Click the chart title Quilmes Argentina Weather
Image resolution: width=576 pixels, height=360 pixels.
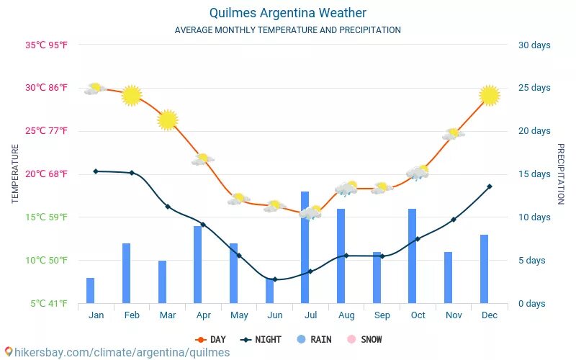(288, 13)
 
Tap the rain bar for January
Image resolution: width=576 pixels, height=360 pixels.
(91, 290)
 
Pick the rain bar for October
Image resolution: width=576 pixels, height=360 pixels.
(413, 256)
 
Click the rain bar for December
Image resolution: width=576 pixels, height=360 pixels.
(484, 269)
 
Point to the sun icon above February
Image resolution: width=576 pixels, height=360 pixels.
(132, 95)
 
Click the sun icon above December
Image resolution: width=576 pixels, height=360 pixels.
(490, 95)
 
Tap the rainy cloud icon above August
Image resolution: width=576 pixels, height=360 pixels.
(346, 189)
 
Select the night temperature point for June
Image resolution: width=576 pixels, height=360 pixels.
(275, 279)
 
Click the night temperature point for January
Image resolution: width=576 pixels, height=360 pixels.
(96, 171)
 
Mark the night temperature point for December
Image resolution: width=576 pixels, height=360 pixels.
(490, 186)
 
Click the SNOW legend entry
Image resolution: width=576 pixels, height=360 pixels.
(365, 339)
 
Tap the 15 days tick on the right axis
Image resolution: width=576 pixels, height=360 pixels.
(534, 174)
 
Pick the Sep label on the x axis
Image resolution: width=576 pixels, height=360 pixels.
(382, 315)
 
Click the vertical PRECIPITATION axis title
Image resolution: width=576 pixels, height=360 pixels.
(561, 174)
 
